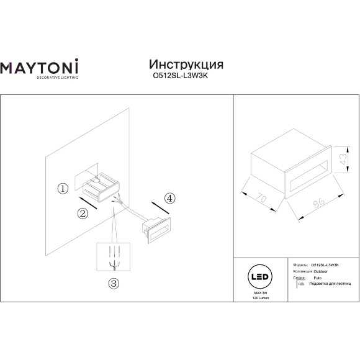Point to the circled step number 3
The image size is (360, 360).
coord(113,284)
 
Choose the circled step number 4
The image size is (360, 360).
coord(169,198)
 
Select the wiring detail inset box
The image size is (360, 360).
coord(113,256)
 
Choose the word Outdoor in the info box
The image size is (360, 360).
coord(319,271)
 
